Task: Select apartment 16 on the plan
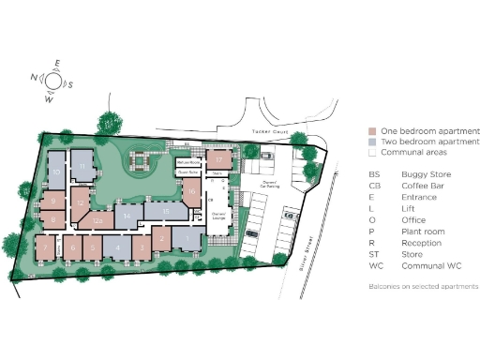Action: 190,195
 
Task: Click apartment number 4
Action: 117,248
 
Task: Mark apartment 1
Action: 187,240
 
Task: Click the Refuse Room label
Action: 188,161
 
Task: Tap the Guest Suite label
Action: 187,173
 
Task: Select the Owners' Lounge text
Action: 221,216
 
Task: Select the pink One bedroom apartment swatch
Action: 373,130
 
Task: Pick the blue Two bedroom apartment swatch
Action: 373,141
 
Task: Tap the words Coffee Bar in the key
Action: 420,186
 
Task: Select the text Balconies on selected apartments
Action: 423,286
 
